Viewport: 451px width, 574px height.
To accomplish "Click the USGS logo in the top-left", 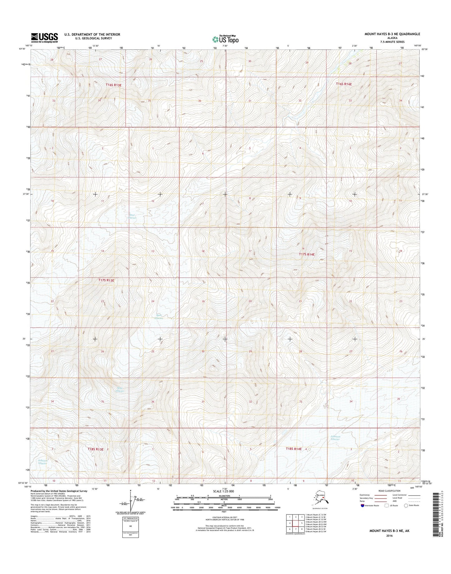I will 44,38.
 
